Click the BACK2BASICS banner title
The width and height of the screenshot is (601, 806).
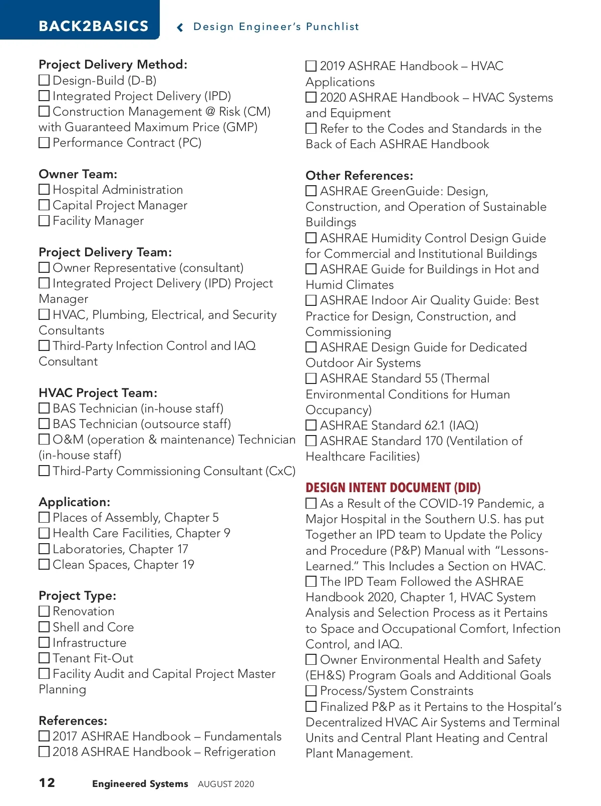(x=94, y=26)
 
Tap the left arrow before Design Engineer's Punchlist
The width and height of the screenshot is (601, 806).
(x=180, y=28)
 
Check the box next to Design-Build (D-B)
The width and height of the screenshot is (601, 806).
(x=44, y=80)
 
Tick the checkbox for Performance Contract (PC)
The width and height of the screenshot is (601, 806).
(x=44, y=143)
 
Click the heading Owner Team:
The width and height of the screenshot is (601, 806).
(x=78, y=174)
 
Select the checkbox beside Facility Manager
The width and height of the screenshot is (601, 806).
(x=44, y=221)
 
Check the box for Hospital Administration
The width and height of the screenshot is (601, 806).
(x=44, y=190)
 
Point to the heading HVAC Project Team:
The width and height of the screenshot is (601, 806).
(x=98, y=393)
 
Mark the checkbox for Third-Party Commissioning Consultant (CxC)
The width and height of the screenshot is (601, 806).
(x=44, y=471)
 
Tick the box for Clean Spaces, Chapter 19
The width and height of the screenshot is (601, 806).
(x=44, y=565)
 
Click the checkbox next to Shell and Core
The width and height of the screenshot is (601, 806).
(x=44, y=627)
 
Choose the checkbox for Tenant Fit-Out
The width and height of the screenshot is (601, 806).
(x=44, y=658)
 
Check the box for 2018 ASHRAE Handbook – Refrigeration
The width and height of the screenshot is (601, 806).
(x=44, y=752)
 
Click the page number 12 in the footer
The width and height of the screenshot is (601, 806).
(x=47, y=783)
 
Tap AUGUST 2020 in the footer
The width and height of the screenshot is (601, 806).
(x=226, y=784)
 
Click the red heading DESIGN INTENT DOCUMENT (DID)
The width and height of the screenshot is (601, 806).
(x=393, y=488)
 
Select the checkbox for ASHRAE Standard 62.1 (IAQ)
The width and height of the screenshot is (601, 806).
(x=311, y=426)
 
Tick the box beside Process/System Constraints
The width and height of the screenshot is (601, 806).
(x=311, y=691)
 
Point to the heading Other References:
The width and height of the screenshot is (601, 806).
(x=359, y=176)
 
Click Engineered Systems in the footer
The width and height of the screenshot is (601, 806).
(x=140, y=784)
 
